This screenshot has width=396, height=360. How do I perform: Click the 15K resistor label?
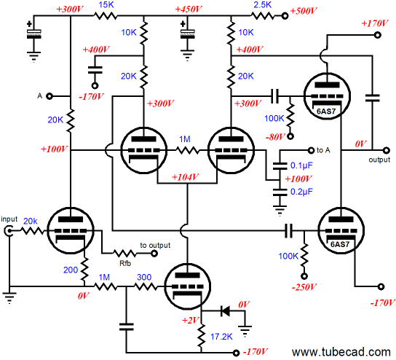click(106, 5)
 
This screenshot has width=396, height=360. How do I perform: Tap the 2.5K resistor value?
click(262, 5)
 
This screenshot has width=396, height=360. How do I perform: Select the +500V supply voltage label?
click(304, 11)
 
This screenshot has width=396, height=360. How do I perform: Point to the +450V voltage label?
click(189, 9)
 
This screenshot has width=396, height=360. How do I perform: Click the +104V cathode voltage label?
click(185, 177)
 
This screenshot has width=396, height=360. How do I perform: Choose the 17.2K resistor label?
click(221, 337)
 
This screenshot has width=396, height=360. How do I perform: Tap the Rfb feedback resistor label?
click(125, 263)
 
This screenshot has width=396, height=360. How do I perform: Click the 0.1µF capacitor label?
click(301, 165)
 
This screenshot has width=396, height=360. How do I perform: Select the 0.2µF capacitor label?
click(301, 192)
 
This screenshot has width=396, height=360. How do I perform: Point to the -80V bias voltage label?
click(275, 137)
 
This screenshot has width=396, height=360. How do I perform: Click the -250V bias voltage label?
click(304, 287)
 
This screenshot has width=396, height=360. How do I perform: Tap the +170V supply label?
click(375, 23)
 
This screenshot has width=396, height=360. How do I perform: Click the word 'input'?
click(9, 219)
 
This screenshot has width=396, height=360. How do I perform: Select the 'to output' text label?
click(155, 246)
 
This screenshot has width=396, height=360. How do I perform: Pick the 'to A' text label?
click(323, 150)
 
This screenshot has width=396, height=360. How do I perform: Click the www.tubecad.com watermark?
click(341, 352)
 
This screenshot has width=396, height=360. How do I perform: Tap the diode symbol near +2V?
click(225, 310)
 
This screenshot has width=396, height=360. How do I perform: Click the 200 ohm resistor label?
click(71, 270)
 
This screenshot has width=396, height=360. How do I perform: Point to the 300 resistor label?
click(144, 278)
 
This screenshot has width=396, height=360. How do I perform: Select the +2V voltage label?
click(191, 321)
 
